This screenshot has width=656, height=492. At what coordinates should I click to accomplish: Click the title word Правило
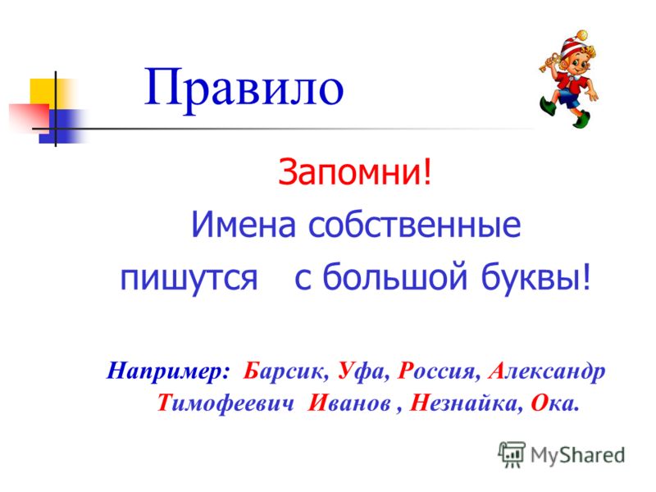pos(244,89)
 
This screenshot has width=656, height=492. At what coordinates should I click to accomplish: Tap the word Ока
pos(554,403)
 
